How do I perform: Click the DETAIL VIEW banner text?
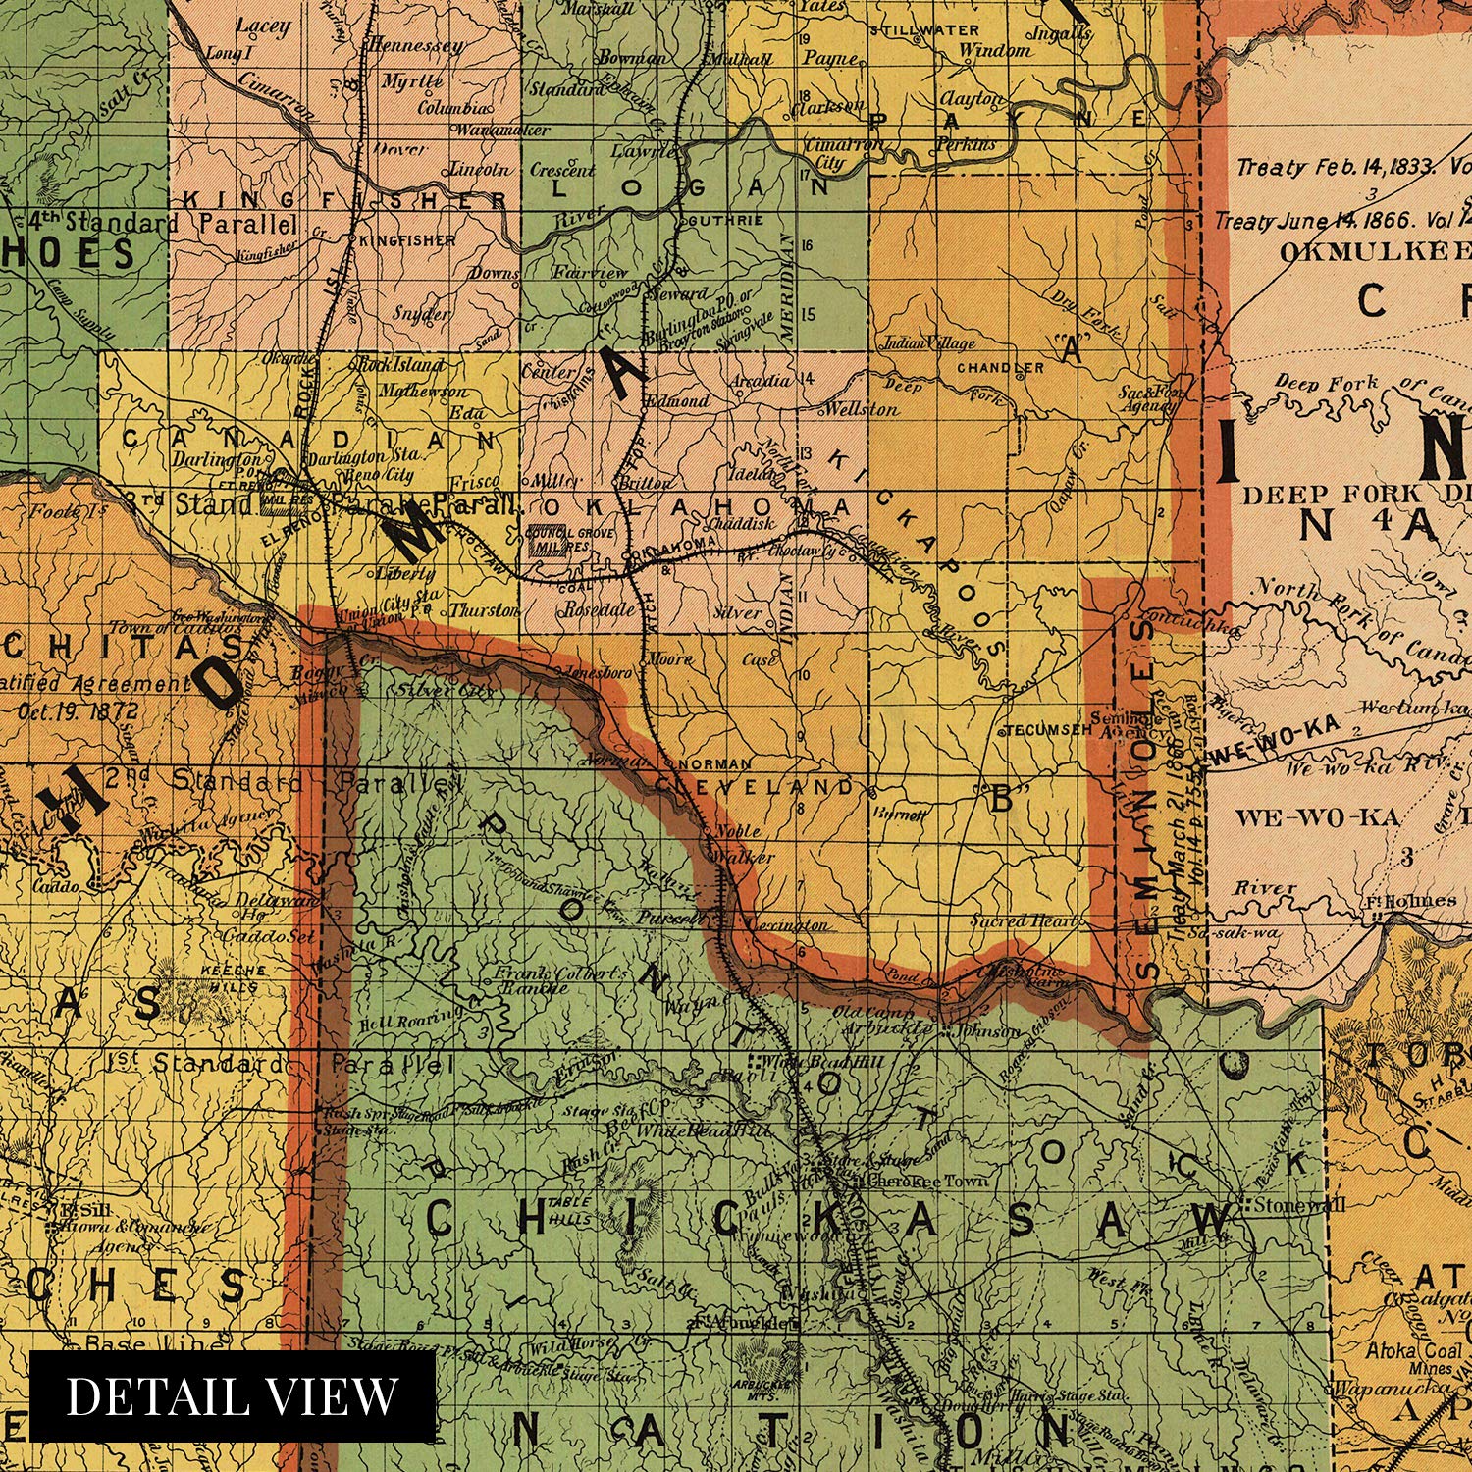point(233,1395)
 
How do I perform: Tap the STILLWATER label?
point(931,30)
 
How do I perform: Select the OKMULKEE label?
point(1374,251)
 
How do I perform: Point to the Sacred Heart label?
point(1024,920)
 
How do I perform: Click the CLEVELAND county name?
point(755,786)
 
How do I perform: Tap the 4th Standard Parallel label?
point(163,223)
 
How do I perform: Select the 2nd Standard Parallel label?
point(285,782)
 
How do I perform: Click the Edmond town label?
point(678,400)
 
